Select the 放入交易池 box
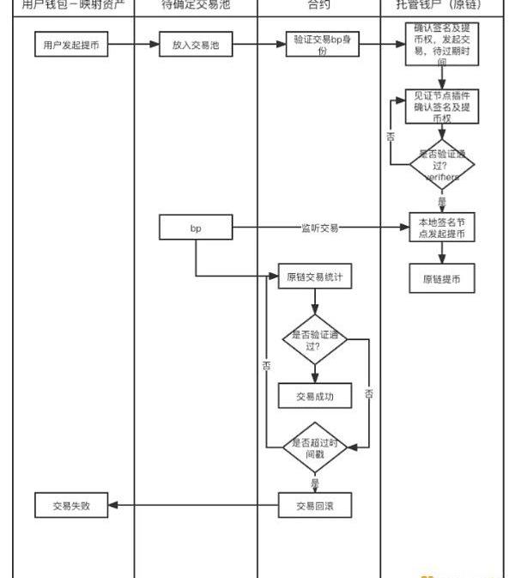196,46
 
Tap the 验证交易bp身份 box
318,46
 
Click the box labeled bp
196,228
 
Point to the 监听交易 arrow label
319,228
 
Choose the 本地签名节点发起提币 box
442,226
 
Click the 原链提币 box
442,278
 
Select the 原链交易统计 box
315,277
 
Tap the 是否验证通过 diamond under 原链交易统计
315,340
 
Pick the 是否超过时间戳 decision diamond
315,447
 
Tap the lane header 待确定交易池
196,5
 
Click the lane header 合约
318,5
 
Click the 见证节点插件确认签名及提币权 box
442,106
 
